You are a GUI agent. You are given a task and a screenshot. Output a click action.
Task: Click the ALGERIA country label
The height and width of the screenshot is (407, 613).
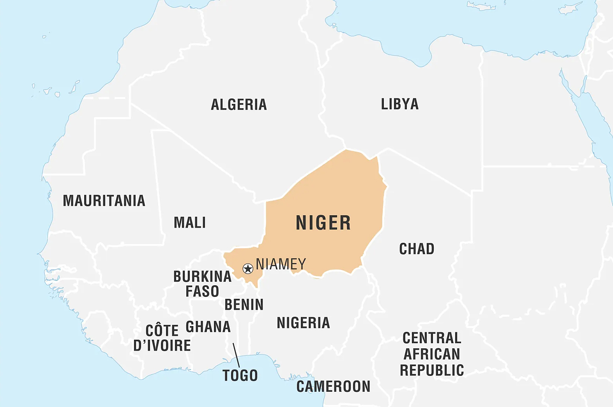point(238,105)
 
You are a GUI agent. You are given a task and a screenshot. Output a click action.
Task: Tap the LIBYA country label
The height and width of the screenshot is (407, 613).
point(399,104)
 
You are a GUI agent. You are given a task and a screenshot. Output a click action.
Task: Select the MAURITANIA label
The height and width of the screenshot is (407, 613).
point(104,201)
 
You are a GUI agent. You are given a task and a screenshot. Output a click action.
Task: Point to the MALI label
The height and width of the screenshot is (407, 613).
point(190,223)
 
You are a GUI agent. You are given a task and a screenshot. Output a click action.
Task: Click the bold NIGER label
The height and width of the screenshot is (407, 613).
point(323,223)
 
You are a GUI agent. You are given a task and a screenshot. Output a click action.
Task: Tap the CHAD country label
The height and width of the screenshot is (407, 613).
point(417,249)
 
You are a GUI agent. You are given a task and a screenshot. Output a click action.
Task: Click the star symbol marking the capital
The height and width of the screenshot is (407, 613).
point(248,268)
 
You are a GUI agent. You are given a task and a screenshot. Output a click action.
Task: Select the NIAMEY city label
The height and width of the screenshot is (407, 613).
point(281,264)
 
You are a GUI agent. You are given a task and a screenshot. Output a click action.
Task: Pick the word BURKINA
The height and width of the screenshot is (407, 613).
point(202,277)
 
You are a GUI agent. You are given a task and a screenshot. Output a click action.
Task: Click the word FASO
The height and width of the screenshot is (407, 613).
point(202,291)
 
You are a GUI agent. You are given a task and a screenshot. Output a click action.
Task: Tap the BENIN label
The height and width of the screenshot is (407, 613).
point(244,305)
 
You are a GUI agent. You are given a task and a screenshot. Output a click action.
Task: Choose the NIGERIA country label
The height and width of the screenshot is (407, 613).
point(303,323)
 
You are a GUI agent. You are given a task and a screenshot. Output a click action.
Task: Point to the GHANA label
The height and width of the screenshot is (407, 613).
point(208,327)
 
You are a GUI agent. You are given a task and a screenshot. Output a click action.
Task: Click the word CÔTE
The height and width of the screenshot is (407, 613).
point(162,331)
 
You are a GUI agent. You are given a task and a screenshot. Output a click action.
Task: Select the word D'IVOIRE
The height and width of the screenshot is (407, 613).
point(162,346)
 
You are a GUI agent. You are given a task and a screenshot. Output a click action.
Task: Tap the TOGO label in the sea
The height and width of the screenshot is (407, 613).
point(240,375)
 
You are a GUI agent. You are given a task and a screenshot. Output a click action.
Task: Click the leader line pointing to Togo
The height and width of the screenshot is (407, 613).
point(236,355)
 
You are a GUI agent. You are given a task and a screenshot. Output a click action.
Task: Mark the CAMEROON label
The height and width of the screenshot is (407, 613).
point(333,386)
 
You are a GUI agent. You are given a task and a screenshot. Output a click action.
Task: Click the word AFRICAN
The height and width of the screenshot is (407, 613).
point(432,354)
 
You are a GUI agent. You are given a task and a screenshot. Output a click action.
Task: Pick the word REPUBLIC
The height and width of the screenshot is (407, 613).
point(432,370)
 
